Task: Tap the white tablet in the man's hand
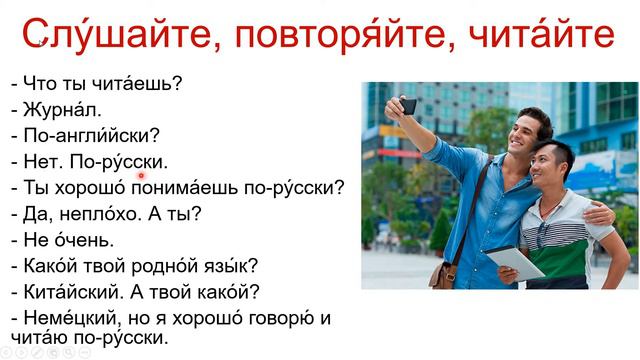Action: (515, 263)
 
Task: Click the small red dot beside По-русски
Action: (142, 175)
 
